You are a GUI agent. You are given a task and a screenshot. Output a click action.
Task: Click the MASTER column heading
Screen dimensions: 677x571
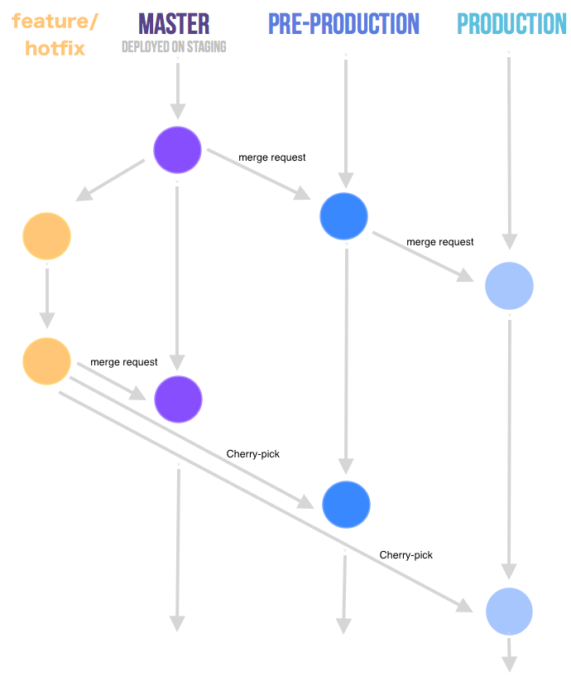pyautogui.click(x=174, y=23)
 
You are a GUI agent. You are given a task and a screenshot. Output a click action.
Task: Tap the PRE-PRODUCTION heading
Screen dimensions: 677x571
pyautogui.click(x=343, y=24)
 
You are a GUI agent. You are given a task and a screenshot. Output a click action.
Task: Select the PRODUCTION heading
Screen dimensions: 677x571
pyautogui.click(x=511, y=24)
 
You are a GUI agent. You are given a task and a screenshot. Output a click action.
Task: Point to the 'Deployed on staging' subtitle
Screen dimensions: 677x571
pyautogui.click(x=174, y=47)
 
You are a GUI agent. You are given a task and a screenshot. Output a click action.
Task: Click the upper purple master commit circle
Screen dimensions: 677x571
pyautogui.click(x=178, y=150)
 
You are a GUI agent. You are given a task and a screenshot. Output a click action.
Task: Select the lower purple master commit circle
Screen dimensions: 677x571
pyautogui.click(x=178, y=399)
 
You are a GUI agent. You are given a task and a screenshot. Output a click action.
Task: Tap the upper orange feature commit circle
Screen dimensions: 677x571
pyautogui.click(x=46, y=236)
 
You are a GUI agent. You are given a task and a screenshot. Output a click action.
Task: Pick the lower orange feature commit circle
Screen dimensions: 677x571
pyautogui.click(x=47, y=361)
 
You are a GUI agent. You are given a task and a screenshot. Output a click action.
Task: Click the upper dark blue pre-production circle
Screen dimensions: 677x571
pyautogui.click(x=343, y=215)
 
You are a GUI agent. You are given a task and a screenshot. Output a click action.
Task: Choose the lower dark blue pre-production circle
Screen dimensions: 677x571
pyautogui.click(x=346, y=505)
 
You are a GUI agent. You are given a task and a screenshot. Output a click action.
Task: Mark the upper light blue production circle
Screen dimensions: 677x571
pyautogui.click(x=509, y=286)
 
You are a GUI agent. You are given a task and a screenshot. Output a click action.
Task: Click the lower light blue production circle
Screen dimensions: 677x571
pyautogui.click(x=509, y=612)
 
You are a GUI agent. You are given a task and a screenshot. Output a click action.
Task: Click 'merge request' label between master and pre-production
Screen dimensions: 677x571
pyautogui.click(x=272, y=157)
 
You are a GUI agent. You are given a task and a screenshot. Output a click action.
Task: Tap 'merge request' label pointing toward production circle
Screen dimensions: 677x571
pyautogui.click(x=439, y=242)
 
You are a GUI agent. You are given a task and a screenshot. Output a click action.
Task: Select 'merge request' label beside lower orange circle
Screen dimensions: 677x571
pyautogui.click(x=123, y=362)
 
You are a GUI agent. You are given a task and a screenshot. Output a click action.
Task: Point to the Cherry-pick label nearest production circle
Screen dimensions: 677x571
pyautogui.click(x=405, y=554)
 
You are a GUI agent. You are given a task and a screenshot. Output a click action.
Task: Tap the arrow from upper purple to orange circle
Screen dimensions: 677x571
pyautogui.click(x=112, y=181)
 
